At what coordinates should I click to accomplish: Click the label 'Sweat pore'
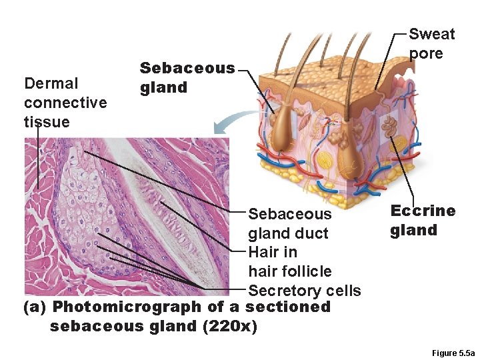click(x=431, y=43)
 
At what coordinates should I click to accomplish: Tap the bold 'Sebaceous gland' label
click(x=187, y=77)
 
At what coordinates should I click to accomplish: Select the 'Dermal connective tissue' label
click(x=65, y=102)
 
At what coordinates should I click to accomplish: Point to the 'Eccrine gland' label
click(x=423, y=221)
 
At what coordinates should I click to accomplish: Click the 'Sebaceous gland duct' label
click(x=289, y=223)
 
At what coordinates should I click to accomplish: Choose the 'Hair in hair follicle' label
click(x=289, y=261)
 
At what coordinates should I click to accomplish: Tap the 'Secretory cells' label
click(x=304, y=291)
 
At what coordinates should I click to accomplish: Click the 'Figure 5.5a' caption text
click(x=453, y=353)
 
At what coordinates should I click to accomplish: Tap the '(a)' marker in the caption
click(x=35, y=307)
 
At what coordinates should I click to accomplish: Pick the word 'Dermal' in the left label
click(x=51, y=83)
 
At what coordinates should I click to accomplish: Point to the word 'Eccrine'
click(x=423, y=211)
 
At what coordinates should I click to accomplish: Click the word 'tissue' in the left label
click(x=46, y=121)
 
